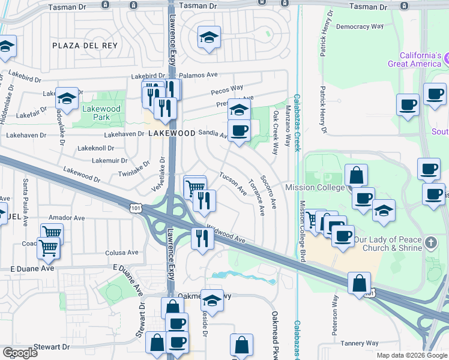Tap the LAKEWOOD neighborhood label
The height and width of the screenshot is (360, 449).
171,134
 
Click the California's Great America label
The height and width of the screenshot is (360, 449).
415,59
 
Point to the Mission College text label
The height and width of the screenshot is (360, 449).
318,188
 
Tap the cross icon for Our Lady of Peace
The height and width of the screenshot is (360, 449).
430,243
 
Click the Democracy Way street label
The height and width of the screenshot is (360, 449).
360,27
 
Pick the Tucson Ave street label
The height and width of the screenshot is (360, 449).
233,184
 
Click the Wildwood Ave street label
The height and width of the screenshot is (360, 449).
226,235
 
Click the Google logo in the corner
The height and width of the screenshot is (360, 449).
20,352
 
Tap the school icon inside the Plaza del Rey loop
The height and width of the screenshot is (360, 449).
209,37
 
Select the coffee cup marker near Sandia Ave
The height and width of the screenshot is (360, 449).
239,131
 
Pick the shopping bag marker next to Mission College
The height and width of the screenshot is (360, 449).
357,175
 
